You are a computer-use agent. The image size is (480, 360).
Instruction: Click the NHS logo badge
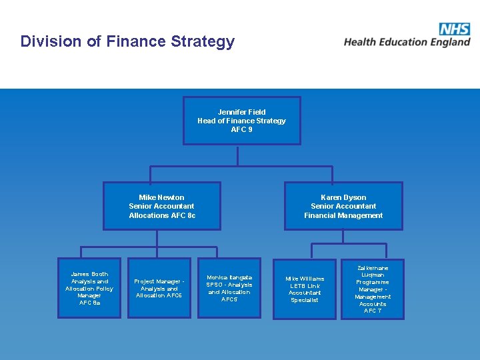point(455,29)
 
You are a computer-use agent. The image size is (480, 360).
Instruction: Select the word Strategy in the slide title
point(204,42)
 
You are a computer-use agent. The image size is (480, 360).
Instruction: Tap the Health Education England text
point(407,42)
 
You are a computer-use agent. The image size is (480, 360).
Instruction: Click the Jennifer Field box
point(241,121)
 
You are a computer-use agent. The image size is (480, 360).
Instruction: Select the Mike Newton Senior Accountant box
point(162,206)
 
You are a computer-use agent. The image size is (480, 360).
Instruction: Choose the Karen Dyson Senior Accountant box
point(343,206)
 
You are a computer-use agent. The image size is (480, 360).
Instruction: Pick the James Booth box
point(89,288)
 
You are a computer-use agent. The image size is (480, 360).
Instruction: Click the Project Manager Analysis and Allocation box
point(159,288)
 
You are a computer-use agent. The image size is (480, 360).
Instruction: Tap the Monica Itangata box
point(229,288)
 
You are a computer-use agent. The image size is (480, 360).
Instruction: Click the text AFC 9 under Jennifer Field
point(241,129)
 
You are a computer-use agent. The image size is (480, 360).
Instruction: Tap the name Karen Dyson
point(343,197)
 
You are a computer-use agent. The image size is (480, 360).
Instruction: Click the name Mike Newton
point(161,197)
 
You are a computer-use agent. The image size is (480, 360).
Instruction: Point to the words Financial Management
point(343,215)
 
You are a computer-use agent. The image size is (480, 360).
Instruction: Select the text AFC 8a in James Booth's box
point(89,303)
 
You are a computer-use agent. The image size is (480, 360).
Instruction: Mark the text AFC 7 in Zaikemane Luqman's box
point(373,311)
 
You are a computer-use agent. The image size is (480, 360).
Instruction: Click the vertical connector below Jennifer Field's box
point(238,155)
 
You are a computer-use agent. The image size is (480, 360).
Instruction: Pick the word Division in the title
point(50,41)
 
